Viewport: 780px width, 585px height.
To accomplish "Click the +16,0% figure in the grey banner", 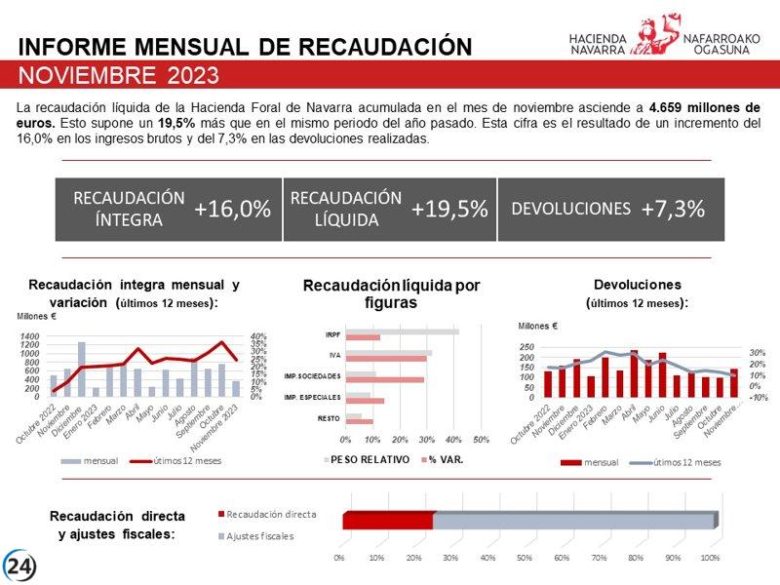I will [232, 210].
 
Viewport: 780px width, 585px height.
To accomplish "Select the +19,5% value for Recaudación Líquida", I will [449, 210].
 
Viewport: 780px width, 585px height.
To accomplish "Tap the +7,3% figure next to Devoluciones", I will [673, 210].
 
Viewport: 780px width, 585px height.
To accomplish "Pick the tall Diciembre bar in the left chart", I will [82, 369].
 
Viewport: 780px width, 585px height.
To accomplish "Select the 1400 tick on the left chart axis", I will [30, 336].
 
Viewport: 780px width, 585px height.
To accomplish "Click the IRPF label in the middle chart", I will [331, 334].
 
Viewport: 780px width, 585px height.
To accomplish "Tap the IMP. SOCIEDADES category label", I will [312, 376].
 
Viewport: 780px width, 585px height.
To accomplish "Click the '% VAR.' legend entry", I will [445, 459].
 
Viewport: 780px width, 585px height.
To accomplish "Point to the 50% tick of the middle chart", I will [481, 439].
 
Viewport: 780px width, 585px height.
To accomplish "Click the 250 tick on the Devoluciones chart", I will [526, 347].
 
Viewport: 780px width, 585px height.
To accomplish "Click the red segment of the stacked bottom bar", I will [387, 521].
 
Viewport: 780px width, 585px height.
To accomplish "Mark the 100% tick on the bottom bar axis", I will [710, 558].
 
